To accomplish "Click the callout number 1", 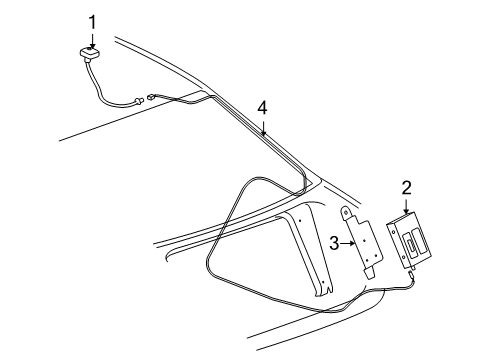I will (92, 20).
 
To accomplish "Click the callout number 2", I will (407, 187).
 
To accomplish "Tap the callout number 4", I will (262, 107).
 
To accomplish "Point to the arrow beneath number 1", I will (92, 38).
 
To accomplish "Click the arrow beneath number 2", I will (407, 205).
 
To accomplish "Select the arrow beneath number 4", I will (263, 126).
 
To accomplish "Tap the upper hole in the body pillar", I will (295, 218).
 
